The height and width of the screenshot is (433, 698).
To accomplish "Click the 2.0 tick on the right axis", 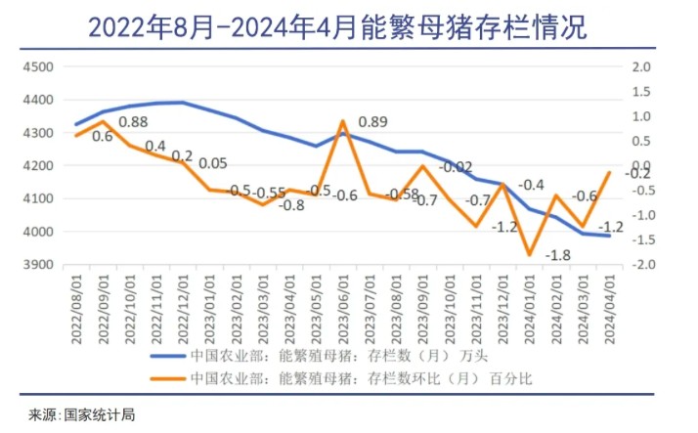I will [641, 66].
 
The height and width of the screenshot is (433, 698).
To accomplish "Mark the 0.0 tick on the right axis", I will [641, 166].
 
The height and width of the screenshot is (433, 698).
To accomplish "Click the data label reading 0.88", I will [133, 122].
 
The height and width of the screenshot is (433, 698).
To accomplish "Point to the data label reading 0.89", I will [372, 122].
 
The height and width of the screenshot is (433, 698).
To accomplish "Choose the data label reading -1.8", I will [557, 255].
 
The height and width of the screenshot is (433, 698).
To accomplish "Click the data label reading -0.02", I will [455, 167].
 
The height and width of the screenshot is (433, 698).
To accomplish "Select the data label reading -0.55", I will [268, 193].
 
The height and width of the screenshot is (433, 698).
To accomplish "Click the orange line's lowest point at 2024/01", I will [530, 254].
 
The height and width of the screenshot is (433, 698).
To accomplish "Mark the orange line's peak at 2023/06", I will [343, 122].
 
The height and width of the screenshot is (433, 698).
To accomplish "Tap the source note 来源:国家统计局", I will [82, 414].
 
